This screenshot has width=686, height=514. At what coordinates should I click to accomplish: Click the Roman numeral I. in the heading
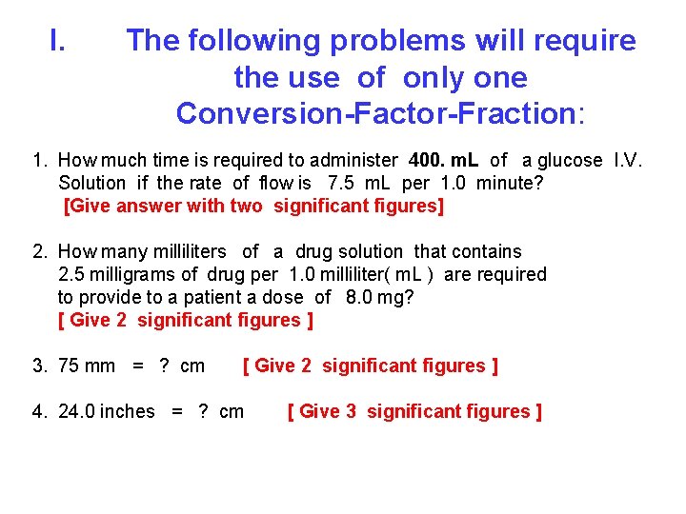pyautogui.click(x=57, y=41)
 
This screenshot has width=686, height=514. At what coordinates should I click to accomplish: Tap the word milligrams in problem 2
pyautogui.click(x=130, y=274)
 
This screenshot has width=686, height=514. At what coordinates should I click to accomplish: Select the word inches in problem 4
pyautogui.click(x=127, y=411)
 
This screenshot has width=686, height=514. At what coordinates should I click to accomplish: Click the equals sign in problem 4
pyautogui.click(x=176, y=411)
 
